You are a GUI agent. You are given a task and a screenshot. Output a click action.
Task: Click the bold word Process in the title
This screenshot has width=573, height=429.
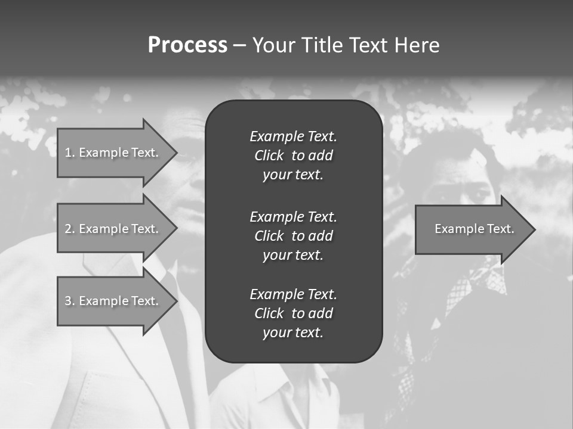click(187, 45)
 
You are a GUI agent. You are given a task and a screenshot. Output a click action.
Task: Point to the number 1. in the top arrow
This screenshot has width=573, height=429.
click(70, 153)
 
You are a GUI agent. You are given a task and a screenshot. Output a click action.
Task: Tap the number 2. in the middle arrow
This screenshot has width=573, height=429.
click(70, 229)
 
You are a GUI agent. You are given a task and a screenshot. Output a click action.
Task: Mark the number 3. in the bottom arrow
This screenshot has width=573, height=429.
click(70, 301)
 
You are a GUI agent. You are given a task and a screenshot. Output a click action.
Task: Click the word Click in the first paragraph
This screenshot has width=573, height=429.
click(269, 156)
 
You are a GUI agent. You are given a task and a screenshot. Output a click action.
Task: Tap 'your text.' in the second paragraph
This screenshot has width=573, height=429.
click(293, 255)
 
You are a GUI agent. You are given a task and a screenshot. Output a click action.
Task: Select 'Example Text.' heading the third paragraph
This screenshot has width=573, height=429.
click(293, 294)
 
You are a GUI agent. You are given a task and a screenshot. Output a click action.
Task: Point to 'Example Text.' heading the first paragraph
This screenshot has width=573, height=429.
click(293, 136)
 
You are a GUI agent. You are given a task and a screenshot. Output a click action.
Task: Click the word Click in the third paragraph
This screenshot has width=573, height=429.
click(269, 313)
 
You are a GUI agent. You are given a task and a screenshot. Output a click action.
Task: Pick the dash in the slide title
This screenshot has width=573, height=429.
click(239, 45)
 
